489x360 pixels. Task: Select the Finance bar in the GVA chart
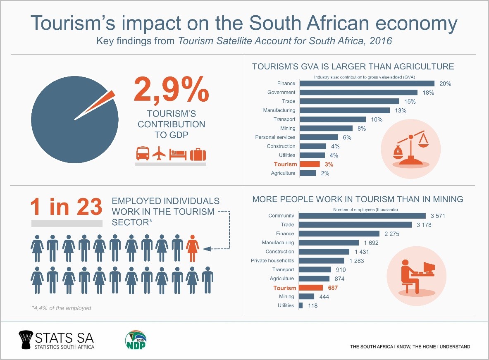point(367,83)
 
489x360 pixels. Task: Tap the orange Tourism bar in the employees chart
point(310,288)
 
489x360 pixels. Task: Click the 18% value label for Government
point(428,93)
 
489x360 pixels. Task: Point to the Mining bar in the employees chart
point(306,296)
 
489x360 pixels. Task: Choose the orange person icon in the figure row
point(192,248)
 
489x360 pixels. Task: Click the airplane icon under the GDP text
point(159,154)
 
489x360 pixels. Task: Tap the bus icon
point(143,154)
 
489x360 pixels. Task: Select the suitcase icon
point(198,154)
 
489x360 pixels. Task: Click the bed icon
point(178,155)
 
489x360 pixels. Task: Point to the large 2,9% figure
point(171,90)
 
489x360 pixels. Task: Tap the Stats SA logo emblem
point(26,339)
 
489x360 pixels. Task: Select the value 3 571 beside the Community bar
point(437,216)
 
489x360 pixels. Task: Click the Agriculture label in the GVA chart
point(283,173)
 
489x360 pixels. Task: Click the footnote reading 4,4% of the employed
point(61,308)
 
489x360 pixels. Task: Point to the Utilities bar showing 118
point(301,305)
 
